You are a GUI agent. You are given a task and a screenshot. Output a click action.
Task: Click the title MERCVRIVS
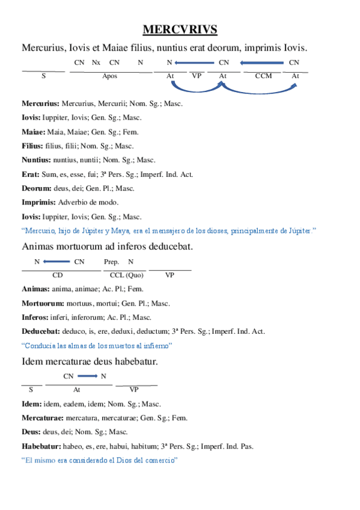coord(180,29)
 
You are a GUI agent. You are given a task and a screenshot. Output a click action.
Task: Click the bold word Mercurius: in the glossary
coord(40,103)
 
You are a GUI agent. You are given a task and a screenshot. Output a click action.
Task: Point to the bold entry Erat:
coord(30,174)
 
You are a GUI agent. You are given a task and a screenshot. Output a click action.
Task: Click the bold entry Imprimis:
coord(38,202)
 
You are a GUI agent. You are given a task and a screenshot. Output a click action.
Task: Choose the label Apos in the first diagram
coord(110,76)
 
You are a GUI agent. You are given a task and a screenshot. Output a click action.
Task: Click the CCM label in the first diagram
coord(263,76)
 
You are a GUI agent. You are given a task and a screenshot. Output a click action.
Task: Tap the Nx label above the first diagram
coord(96,63)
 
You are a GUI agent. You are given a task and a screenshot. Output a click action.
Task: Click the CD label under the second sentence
coord(58,275)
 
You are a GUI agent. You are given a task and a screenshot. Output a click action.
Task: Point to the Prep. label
coord(111,262)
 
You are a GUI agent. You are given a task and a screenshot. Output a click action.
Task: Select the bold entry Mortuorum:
coord(40,303)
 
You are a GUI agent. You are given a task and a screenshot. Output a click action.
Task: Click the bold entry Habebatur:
coord(40,446)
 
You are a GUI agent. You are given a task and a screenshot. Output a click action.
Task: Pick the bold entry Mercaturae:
coord(41,417)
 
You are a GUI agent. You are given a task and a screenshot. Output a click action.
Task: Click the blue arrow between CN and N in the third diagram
coord(87,376)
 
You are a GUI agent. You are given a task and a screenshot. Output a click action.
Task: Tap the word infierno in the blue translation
coord(157,346)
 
